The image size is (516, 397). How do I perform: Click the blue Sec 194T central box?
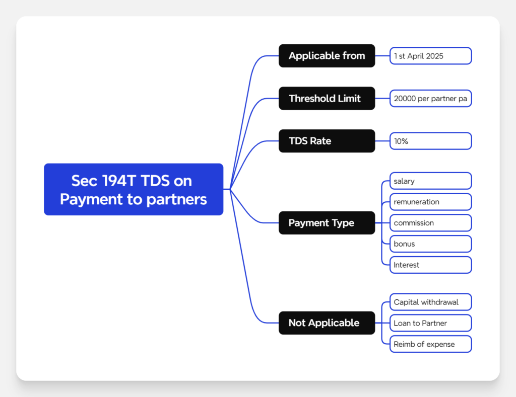click(134, 189)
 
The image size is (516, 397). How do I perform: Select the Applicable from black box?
click(327, 56)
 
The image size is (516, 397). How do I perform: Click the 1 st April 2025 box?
click(430, 56)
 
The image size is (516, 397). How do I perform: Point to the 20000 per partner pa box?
click(430, 99)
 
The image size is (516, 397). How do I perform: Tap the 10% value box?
click(430, 141)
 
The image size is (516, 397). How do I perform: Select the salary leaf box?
click(430, 181)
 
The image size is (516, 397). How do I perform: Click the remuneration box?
click(430, 202)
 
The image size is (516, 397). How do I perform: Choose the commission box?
click(430, 223)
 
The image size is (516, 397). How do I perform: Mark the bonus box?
click(430, 244)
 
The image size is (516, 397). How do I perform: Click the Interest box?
click(430, 265)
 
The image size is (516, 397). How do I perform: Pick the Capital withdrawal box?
click(430, 302)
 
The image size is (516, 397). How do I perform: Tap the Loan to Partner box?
click(430, 323)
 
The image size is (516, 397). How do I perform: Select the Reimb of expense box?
click(430, 344)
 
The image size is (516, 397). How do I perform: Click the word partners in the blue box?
click(176, 199)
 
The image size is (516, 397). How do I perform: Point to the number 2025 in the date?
click(434, 56)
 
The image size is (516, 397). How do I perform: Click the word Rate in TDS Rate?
click(321, 141)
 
